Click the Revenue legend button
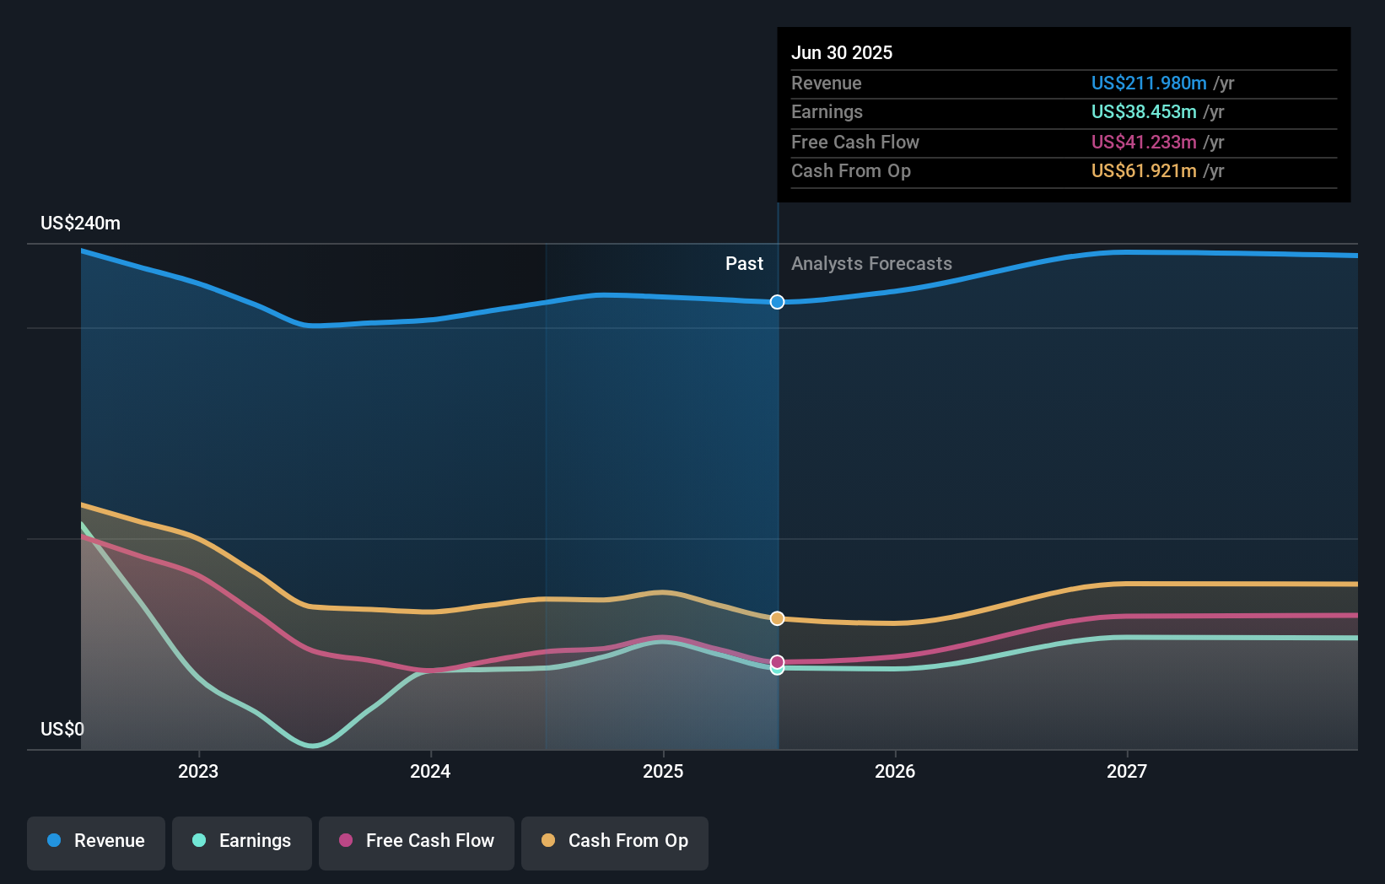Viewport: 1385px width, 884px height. pyautogui.click(x=96, y=842)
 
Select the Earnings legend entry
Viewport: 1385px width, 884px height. pyautogui.click(x=242, y=842)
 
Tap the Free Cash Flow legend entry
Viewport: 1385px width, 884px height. pyautogui.click(x=417, y=842)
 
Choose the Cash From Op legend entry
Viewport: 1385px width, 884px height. pyautogui.click(x=615, y=842)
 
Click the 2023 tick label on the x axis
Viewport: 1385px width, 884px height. pyautogui.click(x=198, y=771)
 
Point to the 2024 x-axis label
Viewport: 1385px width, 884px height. pyautogui.click(x=430, y=771)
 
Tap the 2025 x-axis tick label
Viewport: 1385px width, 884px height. pyautogui.click(x=663, y=771)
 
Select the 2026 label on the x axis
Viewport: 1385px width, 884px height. pyautogui.click(x=895, y=771)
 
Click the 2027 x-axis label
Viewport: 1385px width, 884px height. pyautogui.click(x=1127, y=771)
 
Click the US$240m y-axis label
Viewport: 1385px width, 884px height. pyautogui.click(x=80, y=224)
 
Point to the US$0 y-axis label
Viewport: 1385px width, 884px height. pyautogui.click(x=62, y=729)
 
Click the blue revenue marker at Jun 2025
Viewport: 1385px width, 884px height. pyautogui.click(x=778, y=302)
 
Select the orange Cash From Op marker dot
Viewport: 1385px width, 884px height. pyautogui.click(x=778, y=618)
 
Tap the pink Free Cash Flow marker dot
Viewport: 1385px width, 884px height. pyautogui.click(x=778, y=661)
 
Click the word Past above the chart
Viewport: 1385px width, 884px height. pyautogui.click(x=744, y=264)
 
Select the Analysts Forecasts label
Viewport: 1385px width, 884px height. pyautogui.click(x=871, y=264)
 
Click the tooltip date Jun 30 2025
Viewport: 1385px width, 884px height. pyautogui.click(x=841, y=52)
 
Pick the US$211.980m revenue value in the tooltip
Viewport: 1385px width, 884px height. pyautogui.click(x=1148, y=83)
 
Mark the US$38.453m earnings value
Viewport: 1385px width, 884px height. pyautogui.click(x=1143, y=111)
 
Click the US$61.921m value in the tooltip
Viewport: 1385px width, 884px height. pyautogui.click(x=1143, y=170)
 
